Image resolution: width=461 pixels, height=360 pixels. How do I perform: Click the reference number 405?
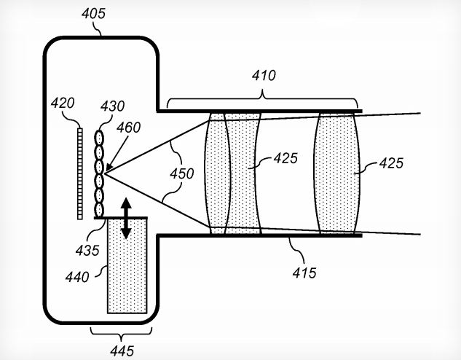coord(93,14)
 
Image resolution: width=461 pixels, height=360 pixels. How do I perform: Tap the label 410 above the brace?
coord(264,76)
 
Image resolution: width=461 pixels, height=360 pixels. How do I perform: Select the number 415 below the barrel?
coord(304,273)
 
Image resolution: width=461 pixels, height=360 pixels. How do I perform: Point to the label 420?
coord(63,103)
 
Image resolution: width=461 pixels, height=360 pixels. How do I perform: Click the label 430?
coord(113,106)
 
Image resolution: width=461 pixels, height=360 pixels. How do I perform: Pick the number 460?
coord(128,128)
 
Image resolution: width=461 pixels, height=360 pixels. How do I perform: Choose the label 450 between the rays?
coord(181,173)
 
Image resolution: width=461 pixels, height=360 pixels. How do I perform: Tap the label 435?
coord(87,251)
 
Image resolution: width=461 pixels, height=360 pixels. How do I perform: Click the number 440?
coord(77,277)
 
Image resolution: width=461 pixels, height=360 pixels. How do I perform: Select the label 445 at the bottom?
coord(122,351)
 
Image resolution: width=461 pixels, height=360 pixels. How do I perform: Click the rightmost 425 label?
coord(391,163)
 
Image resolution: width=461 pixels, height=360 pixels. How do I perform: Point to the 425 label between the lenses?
coord(285,158)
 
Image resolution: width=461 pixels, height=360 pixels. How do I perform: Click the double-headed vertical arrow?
coord(126,218)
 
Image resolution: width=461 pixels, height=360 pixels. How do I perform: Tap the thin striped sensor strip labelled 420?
coord(80,173)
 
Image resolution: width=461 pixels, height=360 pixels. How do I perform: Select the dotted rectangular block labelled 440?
coord(127,265)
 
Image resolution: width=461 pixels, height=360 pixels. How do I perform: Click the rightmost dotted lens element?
coord(337,173)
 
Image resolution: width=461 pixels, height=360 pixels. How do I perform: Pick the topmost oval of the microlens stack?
coord(99,138)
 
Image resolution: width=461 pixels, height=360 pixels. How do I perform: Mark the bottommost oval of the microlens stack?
coord(99,210)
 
